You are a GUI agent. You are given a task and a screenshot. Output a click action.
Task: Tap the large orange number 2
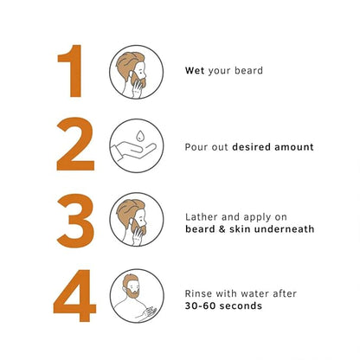click(x=75, y=145)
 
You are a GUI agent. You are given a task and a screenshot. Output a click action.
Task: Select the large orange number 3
click(x=75, y=221)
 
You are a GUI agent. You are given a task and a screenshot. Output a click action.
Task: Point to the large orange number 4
click(x=74, y=295)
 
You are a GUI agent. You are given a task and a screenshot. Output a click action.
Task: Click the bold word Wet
click(x=195, y=71)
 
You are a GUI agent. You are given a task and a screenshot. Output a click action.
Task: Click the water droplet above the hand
click(x=140, y=136)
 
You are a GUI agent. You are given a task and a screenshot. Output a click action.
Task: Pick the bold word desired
click(x=251, y=147)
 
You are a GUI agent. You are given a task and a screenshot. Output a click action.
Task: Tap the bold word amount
click(x=294, y=147)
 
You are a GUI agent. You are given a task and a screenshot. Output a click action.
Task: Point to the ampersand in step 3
click(x=222, y=229)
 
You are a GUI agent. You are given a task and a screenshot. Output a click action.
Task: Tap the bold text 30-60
click(x=199, y=305)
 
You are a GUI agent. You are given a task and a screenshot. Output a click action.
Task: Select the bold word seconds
click(x=240, y=305)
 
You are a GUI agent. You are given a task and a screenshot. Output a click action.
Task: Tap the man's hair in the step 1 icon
click(x=127, y=62)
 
